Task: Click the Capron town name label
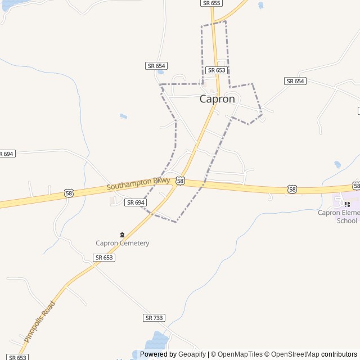[217, 99]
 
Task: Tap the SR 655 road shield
[211, 3]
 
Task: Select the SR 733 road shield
[154, 318]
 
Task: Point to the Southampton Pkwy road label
[138, 184]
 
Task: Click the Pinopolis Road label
[40, 322]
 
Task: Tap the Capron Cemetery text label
[122, 243]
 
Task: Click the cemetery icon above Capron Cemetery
[122, 234]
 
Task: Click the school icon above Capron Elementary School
[347, 204]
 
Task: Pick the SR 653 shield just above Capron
[217, 70]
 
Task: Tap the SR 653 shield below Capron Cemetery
[104, 257]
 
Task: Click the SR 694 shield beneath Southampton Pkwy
[136, 202]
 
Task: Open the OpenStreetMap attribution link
[292, 354]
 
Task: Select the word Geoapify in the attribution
[192, 354]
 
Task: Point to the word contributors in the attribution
[339, 354]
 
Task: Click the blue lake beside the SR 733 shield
[157, 340]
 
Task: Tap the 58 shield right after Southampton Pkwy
[180, 181]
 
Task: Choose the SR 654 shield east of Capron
[295, 81]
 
